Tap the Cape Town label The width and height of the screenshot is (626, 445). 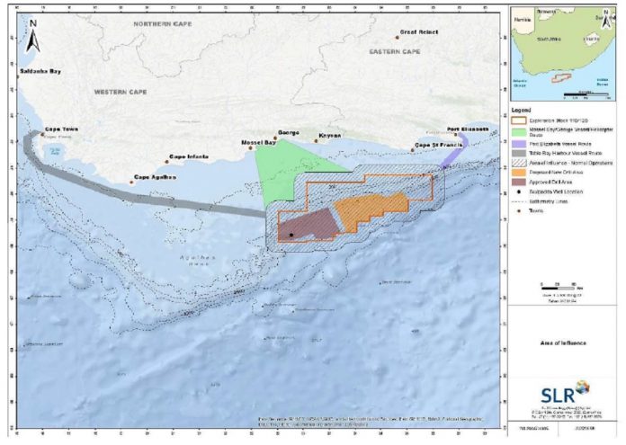[x=62, y=129]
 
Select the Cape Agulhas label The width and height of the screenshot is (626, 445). [x=153, y=177]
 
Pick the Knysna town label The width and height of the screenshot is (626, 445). [x=331, y=137]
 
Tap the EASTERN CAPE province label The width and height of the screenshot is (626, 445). [x=396, y=52]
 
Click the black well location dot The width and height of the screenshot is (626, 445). [x=291, y=236]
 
